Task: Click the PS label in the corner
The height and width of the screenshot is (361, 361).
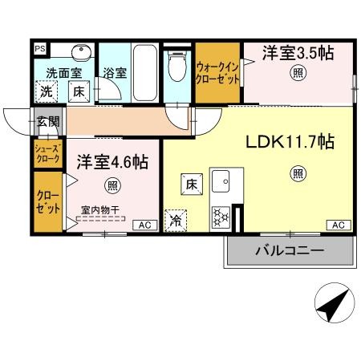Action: click(x=39, y=47)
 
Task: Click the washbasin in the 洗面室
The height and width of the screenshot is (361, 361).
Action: click(x=80, y=54)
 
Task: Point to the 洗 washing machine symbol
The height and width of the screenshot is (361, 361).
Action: click(x=47, y=91)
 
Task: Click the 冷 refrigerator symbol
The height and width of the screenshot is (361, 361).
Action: click(x=173, y=219)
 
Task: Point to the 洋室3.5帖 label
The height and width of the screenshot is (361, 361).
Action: click(x=297, y=53)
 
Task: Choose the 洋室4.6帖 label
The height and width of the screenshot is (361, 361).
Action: click(x=112, y=161)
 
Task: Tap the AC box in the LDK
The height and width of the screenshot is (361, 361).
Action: click(x=338, y=225)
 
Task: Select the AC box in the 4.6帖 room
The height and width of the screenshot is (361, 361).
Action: click(x=144, y=225)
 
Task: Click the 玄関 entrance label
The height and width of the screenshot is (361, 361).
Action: click(x=48, y=122)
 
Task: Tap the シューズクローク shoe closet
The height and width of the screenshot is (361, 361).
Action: click(x=47, y=153)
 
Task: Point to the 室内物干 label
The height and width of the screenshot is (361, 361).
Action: click(x=100, y=210)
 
